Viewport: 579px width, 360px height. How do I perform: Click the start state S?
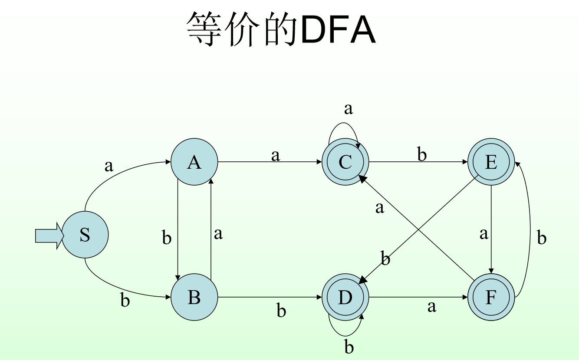85,235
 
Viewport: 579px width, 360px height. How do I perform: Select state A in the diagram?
194,162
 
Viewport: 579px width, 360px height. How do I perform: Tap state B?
194,298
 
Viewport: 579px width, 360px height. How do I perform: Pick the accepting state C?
345,162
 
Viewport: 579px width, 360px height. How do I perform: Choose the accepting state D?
345,298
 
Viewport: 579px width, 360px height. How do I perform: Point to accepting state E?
491,162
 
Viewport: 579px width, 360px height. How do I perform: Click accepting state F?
491,298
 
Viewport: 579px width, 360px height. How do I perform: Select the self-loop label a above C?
348,109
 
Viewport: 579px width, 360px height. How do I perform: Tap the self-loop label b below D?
349,347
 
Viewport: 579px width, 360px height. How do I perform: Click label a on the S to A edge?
109,166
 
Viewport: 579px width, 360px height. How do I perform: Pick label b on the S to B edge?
125,300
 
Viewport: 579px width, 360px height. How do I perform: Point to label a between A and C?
276,155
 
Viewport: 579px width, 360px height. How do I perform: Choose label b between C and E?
422,154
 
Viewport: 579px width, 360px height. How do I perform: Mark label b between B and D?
281,311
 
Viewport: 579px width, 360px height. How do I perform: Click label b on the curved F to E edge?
542,238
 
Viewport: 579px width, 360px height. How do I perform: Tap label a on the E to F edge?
484,234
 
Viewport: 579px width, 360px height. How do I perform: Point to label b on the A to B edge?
167,238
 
